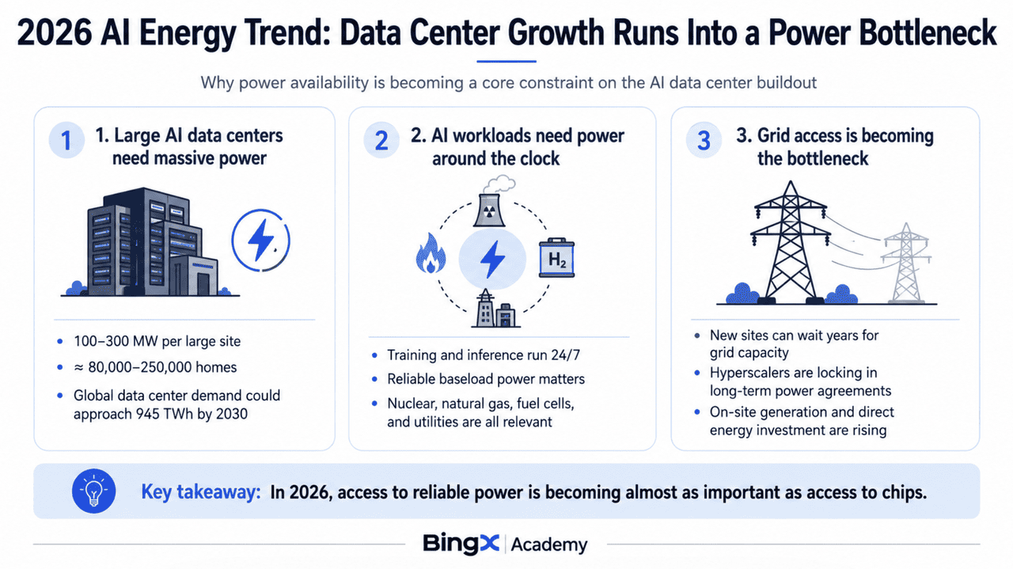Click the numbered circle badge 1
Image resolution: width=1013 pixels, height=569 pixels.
click(66, 140)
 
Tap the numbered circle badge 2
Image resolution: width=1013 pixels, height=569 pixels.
click(381, 140)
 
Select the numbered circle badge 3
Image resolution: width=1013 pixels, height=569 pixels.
click(704, 140)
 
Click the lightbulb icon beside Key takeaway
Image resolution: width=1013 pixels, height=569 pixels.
click(93, 491)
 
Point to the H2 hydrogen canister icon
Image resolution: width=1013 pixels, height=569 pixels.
click(556, 257)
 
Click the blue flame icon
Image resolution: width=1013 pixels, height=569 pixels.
click(431, 254)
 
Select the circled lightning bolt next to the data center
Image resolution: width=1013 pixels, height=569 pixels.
click(261, 240)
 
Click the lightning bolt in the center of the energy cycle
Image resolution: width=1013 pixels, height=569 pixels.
click(492, 259)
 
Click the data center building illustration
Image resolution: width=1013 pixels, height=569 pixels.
click(152, 242)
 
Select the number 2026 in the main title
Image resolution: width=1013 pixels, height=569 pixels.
click(55, 33)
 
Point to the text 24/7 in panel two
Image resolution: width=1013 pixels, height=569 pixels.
click(565, 355)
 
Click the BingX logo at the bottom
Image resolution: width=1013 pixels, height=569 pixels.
click(461, 544)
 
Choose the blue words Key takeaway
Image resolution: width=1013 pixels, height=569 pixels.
click(201, 491)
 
